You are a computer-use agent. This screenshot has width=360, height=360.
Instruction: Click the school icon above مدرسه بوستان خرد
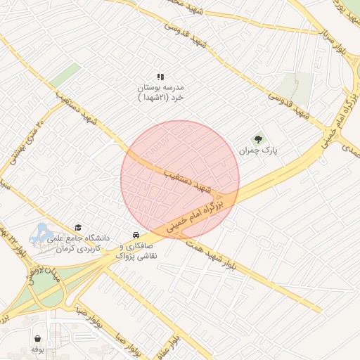pos(160,76)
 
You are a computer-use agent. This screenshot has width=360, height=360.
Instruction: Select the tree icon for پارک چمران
pos(258,139)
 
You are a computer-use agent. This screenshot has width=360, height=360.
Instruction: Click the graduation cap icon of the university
pos(78,227)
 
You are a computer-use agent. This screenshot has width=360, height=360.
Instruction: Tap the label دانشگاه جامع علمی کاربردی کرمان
pos(75,244)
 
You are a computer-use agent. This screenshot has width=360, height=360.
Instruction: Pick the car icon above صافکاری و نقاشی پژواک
pos(134,234)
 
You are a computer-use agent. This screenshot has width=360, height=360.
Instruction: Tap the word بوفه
pos(37,349)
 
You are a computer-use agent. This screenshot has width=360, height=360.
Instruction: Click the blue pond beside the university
pos(40,232)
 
